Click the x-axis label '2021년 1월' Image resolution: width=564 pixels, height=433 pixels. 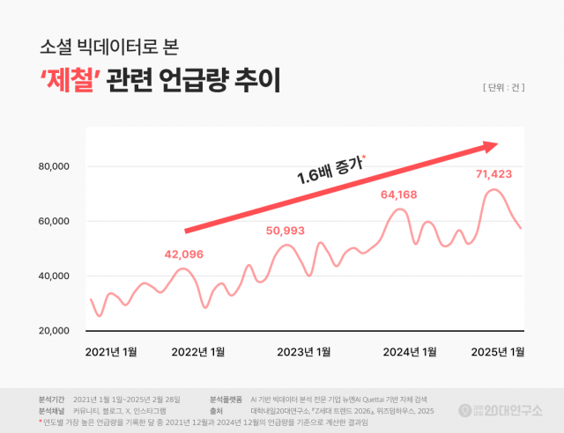[x=111, y=352]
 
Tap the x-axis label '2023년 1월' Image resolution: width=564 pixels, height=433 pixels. [x=304, y=352]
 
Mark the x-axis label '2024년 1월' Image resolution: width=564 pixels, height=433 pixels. [x=410, y=352]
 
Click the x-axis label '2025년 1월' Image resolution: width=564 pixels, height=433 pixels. [x=498, y=352]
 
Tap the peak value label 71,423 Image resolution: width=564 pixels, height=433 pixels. [x=493, y=174]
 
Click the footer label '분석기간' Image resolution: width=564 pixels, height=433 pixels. [x=53, y=399]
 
